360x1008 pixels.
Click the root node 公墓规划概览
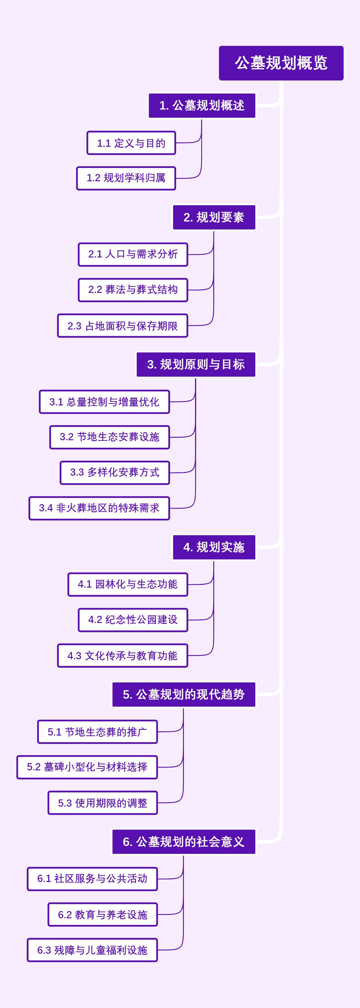pyautogui.click(x=281, y=63)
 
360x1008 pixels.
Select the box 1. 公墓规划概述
pyautogui.click(x=202, y=105)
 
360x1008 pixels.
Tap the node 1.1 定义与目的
pyautogui.click(x=131, y=143)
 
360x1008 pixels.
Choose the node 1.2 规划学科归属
pyautogui.click(x=126, y=178)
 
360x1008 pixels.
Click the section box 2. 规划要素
pyautogui.click(x=214, y=217)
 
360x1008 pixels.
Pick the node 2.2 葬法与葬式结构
pyautogui.click(x=133, y=290)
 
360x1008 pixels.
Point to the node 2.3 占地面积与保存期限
pyautogui.click(x=122, y=326)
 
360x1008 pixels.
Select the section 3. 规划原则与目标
pyautogui.click(x=196, y=364)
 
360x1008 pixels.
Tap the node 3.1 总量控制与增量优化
pyautogui.click(x=104, y=402)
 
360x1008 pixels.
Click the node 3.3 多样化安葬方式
pyautogui.click(x=115, y=472)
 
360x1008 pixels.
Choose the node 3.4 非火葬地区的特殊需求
pyautogui.click(x=99, y=508)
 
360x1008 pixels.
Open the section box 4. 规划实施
pyautogui.click(x=214, y=547)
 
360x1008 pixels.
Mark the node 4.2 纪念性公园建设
pyautogui.click(x=133, y=620)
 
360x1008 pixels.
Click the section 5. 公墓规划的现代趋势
pyautogui.click(x=184, y=695)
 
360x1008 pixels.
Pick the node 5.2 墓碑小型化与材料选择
pyautogui.click(x=87, y=767)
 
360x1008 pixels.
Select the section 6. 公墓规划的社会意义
pyautogui.click(x=184, y=842)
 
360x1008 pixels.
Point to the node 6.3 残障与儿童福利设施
pyautogui.click(x=92, y=950)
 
